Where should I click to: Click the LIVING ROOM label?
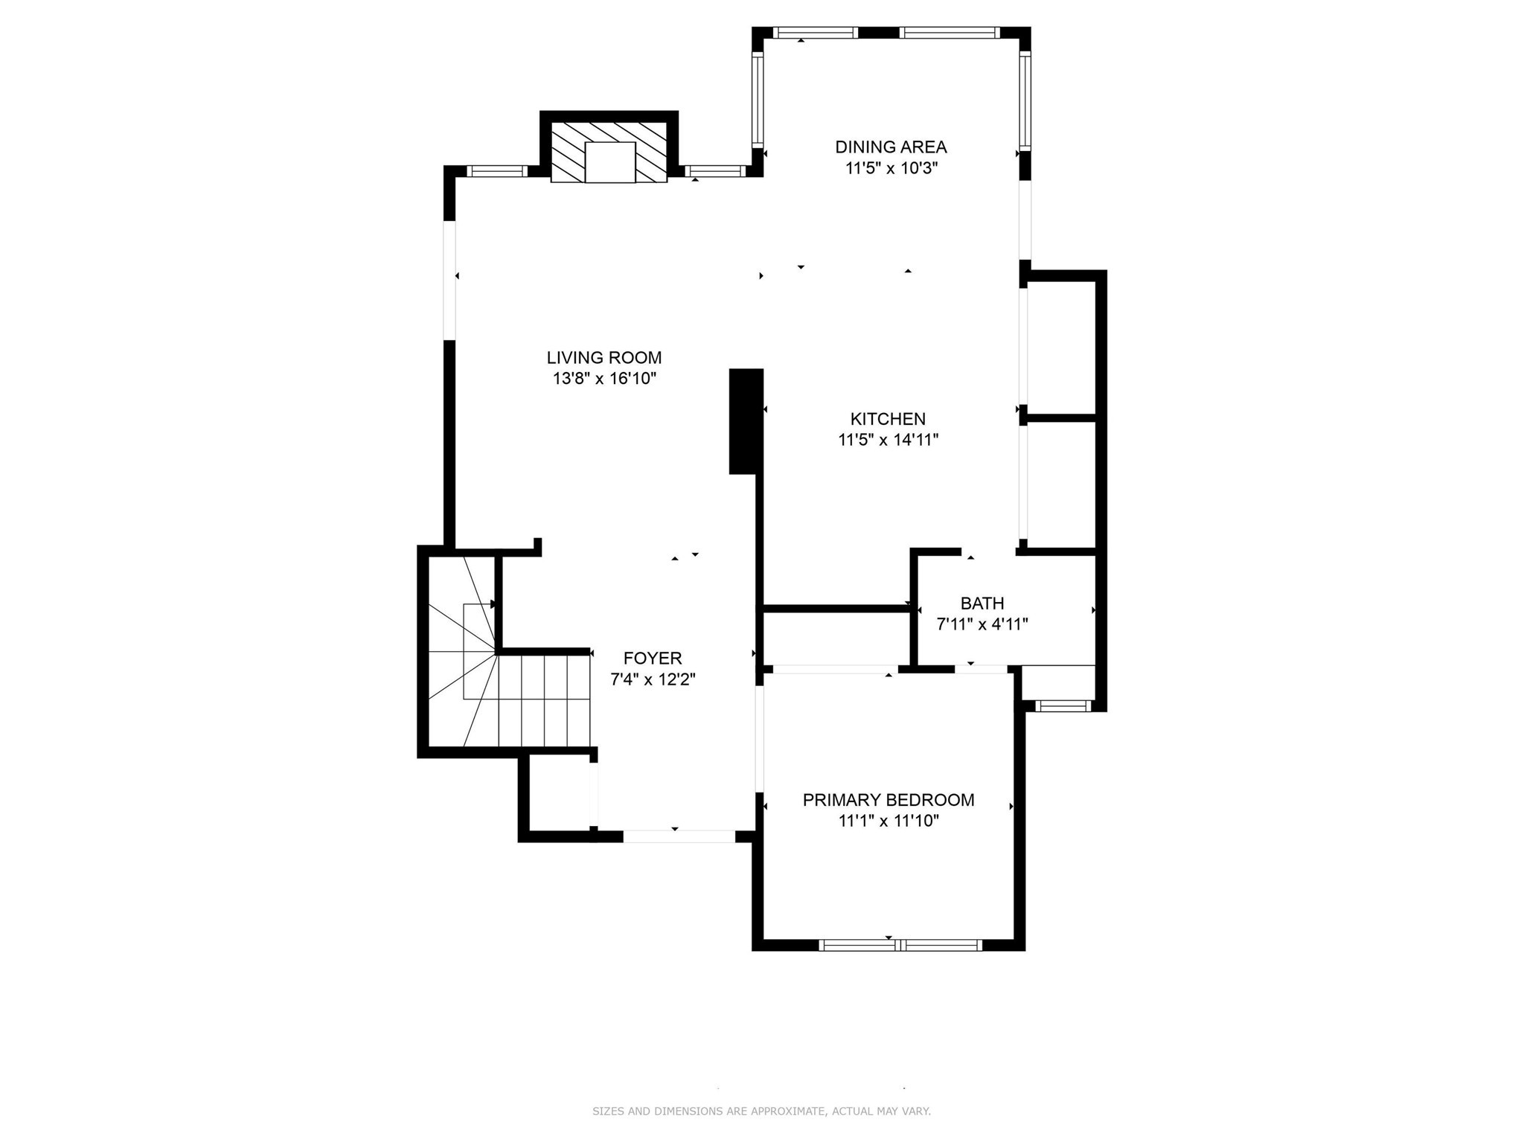click(603, 358)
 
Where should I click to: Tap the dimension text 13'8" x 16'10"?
click(603, 379)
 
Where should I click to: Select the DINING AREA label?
click(891, 147)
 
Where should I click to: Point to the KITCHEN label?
click(888, 419)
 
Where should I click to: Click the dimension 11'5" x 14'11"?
click(888, 440)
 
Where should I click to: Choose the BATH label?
click(982, 603)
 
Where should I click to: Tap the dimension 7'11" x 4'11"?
click(982, 624)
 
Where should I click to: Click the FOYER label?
click(653, 659)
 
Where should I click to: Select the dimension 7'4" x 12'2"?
click(653, 679)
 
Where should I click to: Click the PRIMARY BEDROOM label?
click(888, 800)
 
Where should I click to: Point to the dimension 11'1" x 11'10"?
click(888, 821)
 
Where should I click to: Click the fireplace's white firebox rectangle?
click(610, 161)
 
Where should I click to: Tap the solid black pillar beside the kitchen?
click(746, 421)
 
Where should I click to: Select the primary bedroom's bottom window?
click(900, 945)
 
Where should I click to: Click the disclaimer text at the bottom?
click(761, 1112)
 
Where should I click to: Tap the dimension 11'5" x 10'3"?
click(891, 168)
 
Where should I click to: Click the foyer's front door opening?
click(679, 836)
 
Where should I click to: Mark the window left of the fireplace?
click(496, 171)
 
